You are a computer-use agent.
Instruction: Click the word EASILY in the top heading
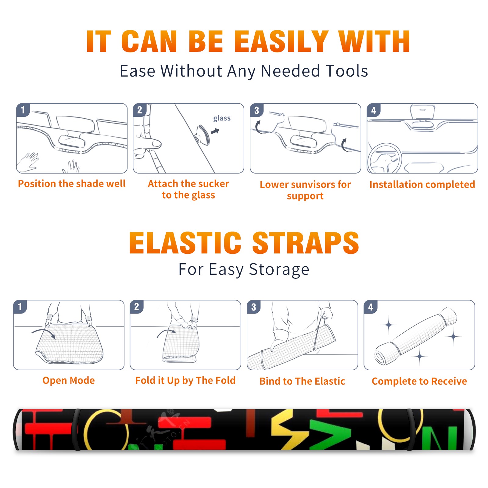[281, 41]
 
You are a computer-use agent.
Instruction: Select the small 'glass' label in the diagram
[222, 118]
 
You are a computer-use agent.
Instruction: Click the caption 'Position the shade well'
[72, 184]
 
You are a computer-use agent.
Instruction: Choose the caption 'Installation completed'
[422, 185]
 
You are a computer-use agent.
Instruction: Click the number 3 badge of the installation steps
[257, 110]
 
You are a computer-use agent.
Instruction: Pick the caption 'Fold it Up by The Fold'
[185, 381]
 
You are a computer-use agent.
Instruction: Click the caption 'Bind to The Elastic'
[302, 381]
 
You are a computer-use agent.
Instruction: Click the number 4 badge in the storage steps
[371, 307]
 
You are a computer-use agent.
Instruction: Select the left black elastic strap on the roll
[76, 430]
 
